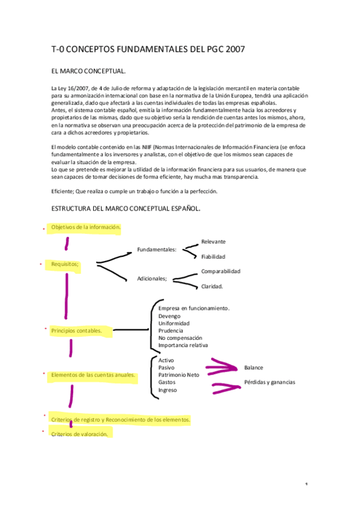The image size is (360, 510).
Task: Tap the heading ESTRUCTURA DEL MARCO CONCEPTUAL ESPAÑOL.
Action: pos(126,209)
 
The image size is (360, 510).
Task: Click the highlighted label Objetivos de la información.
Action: pos(86,227)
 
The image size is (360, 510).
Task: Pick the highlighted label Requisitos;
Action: pos(66,264)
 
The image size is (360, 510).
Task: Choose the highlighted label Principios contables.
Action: pos(76,330)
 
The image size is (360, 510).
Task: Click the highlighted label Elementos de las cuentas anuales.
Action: pos(93,375)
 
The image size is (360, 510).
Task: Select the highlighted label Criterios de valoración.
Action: pos(80,434)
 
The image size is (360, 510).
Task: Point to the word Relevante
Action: pos(213,242)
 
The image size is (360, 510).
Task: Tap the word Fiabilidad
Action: pos(213,257)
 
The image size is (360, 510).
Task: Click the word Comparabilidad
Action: pos(221,271)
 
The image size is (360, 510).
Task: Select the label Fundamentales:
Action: pos(157,250)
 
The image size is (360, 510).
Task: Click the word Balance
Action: pos(254,367)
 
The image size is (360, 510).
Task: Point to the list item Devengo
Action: pos(169,316)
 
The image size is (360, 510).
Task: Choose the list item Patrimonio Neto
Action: pos(178,375)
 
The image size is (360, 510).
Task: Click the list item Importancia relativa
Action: pos(183,345)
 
